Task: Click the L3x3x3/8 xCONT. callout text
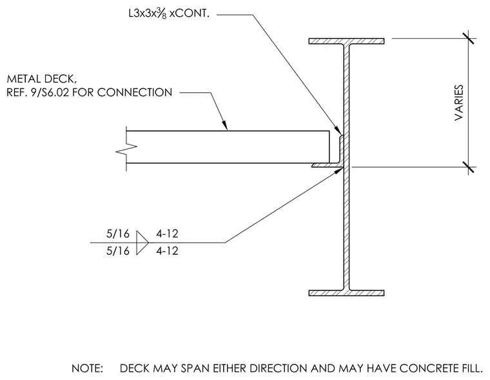point(169,14)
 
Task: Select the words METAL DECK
point(41,79)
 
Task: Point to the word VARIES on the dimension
point(459,103)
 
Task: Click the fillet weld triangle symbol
point(142,243)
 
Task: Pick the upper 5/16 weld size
point(118,234)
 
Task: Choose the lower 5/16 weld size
point(118,251)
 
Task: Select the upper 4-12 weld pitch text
point(167,234)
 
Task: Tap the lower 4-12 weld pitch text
point(167,251)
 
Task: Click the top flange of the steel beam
point(347,41)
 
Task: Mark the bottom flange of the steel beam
point(347,293)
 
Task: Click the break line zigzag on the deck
point(126,149)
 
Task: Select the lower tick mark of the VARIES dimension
point(469,167)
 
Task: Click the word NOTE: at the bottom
point(87,368)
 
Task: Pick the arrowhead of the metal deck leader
point(224,125)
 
